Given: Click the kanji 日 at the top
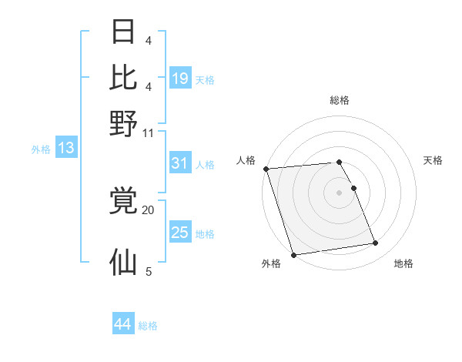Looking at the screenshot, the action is [124, 32].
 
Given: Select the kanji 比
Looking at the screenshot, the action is [124, 77].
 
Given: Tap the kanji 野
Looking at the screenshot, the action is [124, 123].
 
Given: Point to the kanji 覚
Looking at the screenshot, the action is [124, 202].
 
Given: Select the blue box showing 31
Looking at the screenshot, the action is [180, 163].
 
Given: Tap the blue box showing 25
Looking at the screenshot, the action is [180, 233].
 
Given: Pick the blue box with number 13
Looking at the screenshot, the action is [65, 148].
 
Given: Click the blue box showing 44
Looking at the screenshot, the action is [122, 324].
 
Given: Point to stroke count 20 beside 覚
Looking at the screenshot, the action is [148, 209].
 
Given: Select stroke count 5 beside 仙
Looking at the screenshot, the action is [149, 271].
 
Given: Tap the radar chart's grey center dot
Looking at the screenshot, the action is [339, 192].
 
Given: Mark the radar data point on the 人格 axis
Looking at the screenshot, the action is [266, 169].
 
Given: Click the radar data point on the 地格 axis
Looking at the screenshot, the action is [376, 243].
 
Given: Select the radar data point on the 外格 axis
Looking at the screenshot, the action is [293, 255].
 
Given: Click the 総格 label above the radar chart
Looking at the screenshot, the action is [339, 100].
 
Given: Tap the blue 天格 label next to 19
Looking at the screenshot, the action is [205, 80].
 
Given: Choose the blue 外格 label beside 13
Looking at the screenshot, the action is [41, 149].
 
